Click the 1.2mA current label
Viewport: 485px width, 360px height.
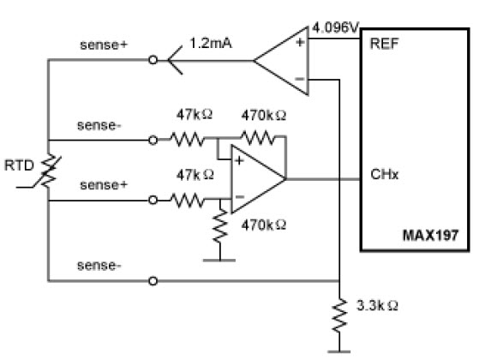[x=211, y=43]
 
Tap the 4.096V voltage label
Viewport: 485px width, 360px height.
[x=335, y=27]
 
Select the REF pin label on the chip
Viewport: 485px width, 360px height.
[x=384, y=44]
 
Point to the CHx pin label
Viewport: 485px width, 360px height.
[x=384, y=174]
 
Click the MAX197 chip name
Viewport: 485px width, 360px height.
[x=430, y=236]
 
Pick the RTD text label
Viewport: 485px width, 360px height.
[x=19, y=165]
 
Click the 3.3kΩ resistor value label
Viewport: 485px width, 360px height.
[x=377, y=305]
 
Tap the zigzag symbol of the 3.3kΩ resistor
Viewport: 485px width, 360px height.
[x=339, y=315]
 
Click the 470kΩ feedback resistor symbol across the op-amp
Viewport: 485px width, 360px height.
[x=257, y=138]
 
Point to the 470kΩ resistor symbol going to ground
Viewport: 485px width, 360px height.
[x=220, y=225]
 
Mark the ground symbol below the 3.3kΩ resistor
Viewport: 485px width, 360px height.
[x=339, y=351]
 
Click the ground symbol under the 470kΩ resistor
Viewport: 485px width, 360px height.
[x=219, y=261]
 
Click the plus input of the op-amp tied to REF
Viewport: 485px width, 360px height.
[x=300, y=42]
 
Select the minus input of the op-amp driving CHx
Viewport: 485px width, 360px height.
[x=240, y=196]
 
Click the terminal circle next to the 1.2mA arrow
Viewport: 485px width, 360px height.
[x=153, y=60]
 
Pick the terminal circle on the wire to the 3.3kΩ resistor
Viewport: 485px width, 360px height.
[x=153, y=281]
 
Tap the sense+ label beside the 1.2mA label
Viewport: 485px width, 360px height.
[x=104, y=45]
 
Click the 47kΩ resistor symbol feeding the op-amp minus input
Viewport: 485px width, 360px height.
[x=188, y=200]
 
